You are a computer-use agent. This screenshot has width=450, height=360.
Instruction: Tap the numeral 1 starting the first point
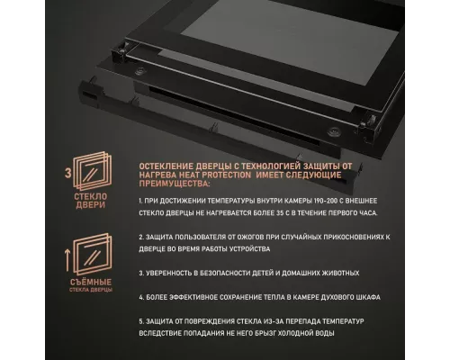[x=141, y=206]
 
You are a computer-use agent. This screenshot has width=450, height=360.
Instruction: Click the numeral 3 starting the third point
[x=141, y=272]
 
